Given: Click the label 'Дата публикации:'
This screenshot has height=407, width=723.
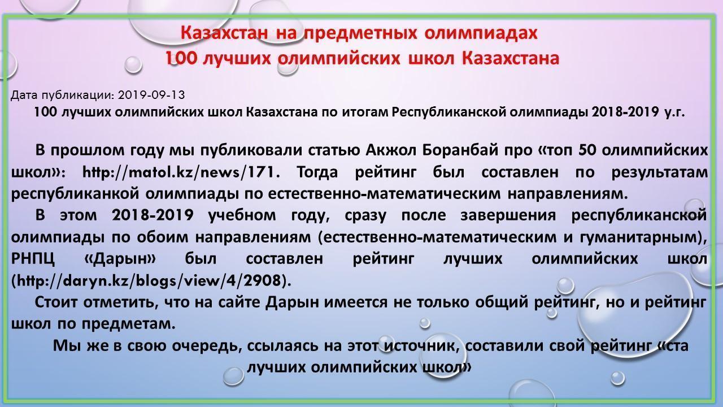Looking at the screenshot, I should (x=62, y=95).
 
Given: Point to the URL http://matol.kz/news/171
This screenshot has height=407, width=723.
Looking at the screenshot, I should (x=181, y=171).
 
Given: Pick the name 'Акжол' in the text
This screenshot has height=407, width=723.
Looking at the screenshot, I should (x=389, y=150).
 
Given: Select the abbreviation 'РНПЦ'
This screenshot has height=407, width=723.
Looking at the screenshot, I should (x=33, y=259).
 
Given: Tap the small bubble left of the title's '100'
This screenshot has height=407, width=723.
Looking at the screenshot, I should (x=133, y=64).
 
